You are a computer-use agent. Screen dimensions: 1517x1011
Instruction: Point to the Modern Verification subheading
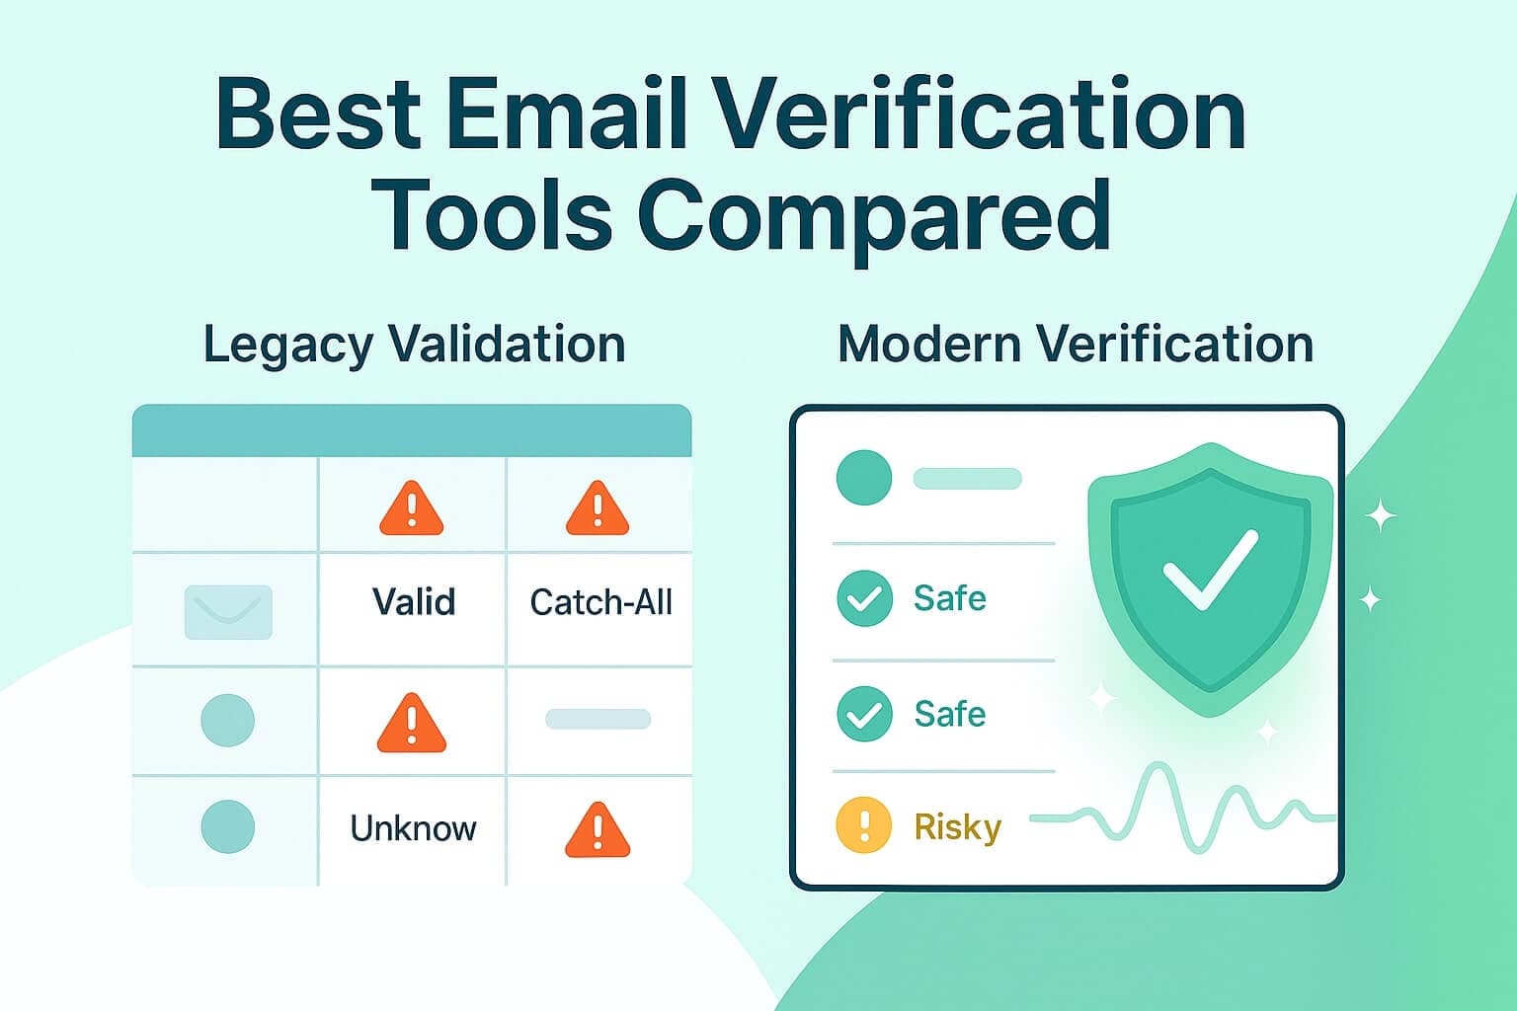click(1076, 344)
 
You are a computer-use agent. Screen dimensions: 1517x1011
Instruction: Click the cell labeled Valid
click(414, 601)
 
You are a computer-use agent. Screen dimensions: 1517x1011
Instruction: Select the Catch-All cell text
click(600, 601)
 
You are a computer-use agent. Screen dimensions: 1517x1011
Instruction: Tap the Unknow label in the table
click(413, 827)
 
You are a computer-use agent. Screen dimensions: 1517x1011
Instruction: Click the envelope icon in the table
click(228, 611)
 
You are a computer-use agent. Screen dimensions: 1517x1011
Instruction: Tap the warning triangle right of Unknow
click(598, 830)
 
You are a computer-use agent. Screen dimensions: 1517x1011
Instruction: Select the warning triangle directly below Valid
click(412, 724)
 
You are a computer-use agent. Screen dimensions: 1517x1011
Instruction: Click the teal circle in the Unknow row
click(228, 826)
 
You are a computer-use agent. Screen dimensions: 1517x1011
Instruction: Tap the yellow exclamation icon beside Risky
click(863, 824)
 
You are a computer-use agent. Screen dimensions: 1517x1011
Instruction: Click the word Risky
click(958, 827)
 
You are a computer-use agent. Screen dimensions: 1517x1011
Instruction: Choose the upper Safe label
click(949, 598)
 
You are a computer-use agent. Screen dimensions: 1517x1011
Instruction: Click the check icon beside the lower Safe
click(864, 714)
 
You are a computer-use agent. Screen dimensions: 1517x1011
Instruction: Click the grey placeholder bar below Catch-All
click(598, 719)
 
